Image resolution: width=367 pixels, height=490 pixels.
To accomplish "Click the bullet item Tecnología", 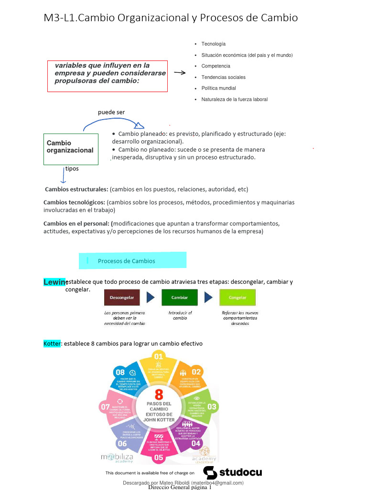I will pos(213,44).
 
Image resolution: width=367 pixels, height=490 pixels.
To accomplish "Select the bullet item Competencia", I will pos(216,66).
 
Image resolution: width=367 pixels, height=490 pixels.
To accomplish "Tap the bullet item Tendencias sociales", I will pos(223,77).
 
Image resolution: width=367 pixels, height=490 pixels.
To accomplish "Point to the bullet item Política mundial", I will pos(218,88).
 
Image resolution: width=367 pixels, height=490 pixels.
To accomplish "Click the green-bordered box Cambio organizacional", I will pos(71,149).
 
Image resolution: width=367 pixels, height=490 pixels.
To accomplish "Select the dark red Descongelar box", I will pos(122,298).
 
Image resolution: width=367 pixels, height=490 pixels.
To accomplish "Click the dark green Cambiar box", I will pos(179,298).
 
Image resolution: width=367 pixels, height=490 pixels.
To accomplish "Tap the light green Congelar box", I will pos(237,298).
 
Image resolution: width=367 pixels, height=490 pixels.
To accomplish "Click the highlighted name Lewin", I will pos(54,282).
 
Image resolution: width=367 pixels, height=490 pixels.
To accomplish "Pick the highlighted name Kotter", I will pos(52,344).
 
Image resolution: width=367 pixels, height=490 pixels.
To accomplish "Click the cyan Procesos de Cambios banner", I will pos(132,261).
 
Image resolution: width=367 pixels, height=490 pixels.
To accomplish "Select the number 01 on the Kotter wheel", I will pos(158,356).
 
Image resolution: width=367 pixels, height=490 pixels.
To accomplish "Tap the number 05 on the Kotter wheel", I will pos(159,457).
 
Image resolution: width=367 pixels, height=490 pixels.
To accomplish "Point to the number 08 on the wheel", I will pos(120,372).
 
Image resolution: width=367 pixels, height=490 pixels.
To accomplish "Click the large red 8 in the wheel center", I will pos(158,394).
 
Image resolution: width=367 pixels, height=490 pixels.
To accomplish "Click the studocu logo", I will pos(233,472).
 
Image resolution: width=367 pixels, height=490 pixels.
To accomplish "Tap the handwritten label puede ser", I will pos(111,112).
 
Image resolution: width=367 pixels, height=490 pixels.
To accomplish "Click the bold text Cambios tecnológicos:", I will pos(74,202).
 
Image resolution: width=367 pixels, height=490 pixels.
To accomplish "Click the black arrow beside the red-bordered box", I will pos(180,73).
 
